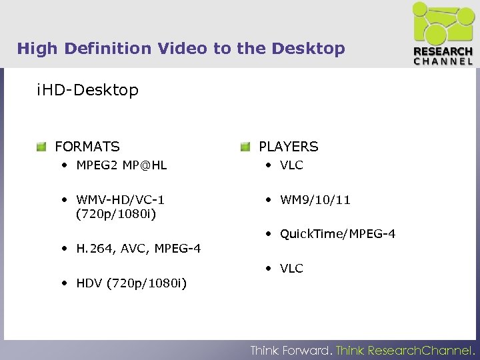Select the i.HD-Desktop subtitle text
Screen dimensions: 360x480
tap(88, 90)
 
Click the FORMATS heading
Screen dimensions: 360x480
tap(87, 147)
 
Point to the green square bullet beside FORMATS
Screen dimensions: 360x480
tap(42, 147)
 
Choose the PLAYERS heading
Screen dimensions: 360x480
tap(289, 147)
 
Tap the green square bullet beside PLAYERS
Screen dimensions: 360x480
tap(245, 147)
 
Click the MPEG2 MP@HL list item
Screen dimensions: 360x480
tap(122, 165)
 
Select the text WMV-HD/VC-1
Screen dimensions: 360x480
tap(121, 199)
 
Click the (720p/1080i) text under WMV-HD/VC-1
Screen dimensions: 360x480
tap(117, 214)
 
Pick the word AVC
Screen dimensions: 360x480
tap(130, 249)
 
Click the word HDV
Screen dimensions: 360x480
tap(89, 283)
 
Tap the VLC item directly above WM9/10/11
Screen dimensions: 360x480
tap(291, 165)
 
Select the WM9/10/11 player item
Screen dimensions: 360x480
tap(315, 199)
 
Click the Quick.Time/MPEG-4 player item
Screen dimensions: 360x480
tap(338, 234)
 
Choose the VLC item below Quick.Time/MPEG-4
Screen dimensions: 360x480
tap(291, 269)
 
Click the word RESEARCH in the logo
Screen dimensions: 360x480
tap(443, 52)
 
